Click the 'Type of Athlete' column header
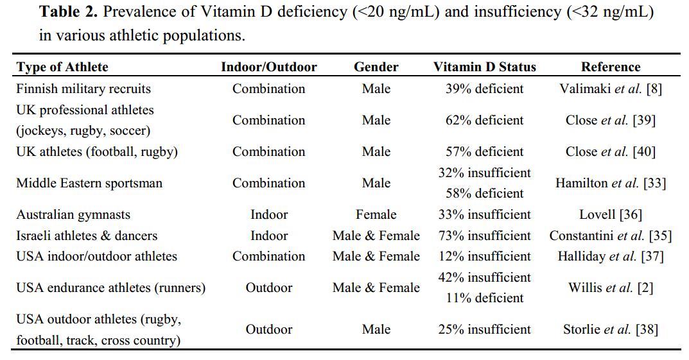click(x=62, y=67)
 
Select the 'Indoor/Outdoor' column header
click(x=268, y=67)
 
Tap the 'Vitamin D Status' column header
click(x=484, y=67)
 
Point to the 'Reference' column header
click(x=610, y=67)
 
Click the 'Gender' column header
click(x=376, y=67)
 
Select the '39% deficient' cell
click(x=484, y=89)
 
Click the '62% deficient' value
click(x=484, y=120)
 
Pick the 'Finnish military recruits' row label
click(x=83, y=89)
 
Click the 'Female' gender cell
click(x=376, y=214)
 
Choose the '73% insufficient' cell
click(x=484, y=236)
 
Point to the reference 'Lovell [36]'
click(x=610, y=214)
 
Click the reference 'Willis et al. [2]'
click(x=610, y=287)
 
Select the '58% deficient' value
click(x=484, y=193)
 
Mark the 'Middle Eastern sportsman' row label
click(x=89, y=183)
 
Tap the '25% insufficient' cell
click(x=484, y=329)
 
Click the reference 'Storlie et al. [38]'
click(x=610, y=329)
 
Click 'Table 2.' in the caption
click(x=68, y=12)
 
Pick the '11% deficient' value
click(x=484, y=298)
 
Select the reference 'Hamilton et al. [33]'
click(x=610, y=183)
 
